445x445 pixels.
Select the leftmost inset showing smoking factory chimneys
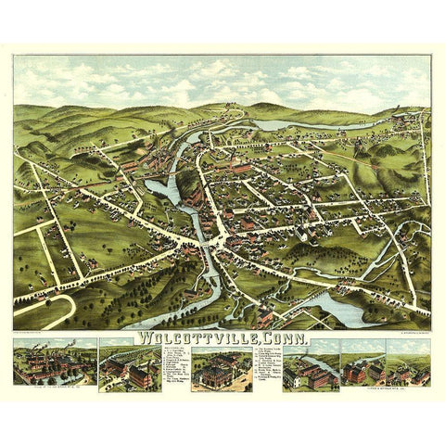pos(54,363)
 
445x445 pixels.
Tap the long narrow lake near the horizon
pos(315,123)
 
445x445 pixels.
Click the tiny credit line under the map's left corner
pos(37,330)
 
